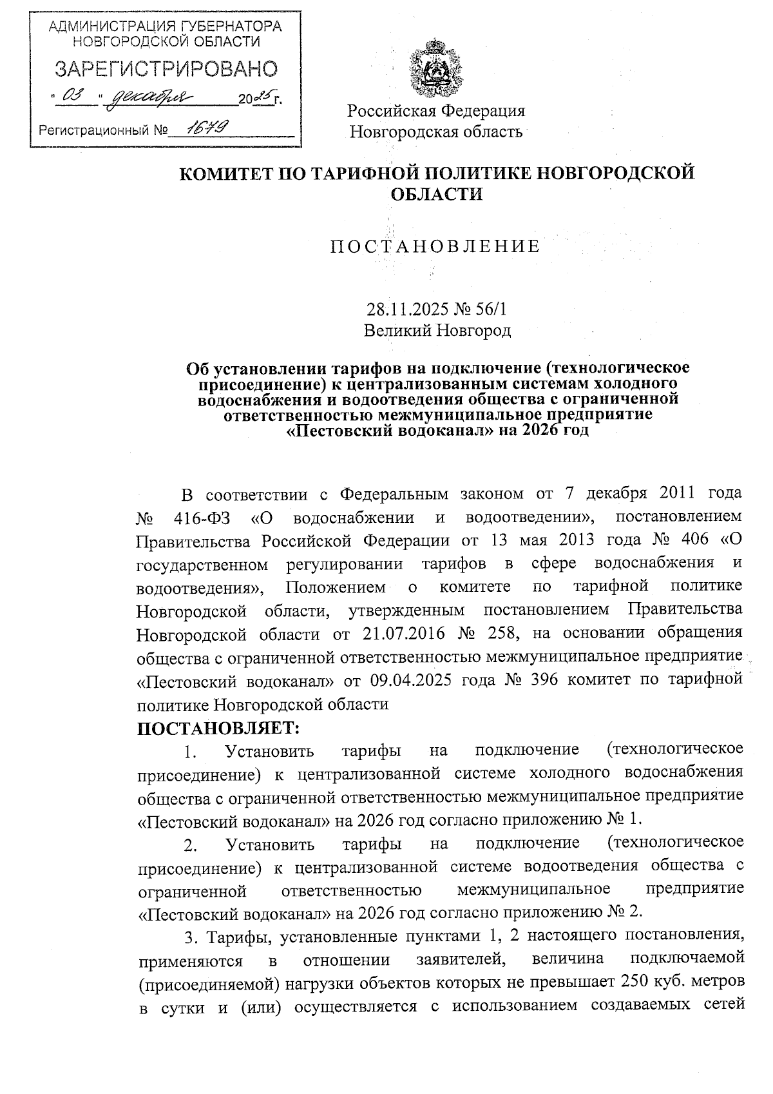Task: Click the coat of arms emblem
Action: pos(437,67)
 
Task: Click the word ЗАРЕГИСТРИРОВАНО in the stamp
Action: pos(166,69)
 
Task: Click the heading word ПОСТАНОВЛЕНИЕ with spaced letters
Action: pos(436,246)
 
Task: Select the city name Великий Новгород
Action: pos(437,331)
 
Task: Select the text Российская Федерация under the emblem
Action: pos(436,110)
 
